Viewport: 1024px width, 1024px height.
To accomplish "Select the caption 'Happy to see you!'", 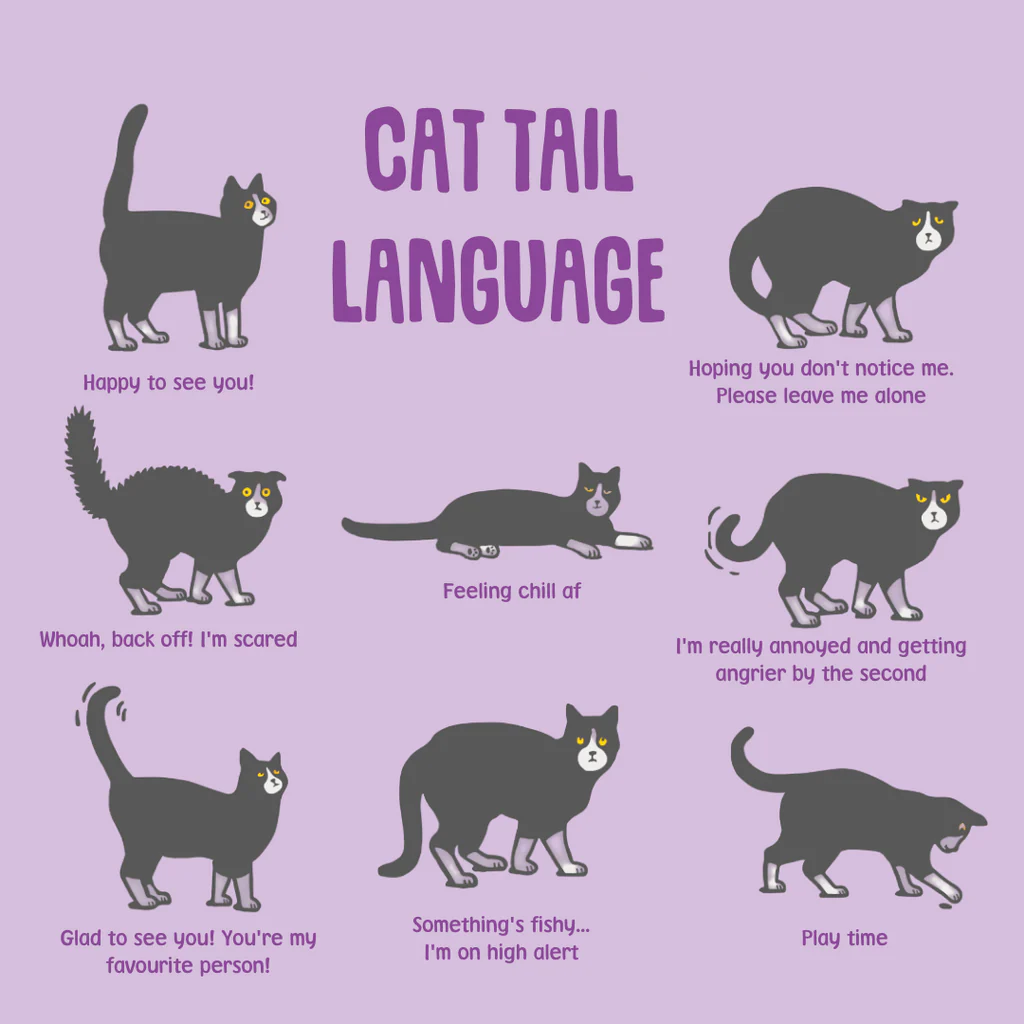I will point(168,382).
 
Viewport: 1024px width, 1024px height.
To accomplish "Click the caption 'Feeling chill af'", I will point(511,591).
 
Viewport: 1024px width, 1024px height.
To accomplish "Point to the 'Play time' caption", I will point(844,938).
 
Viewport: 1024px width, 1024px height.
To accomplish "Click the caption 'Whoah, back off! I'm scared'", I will point(168,639).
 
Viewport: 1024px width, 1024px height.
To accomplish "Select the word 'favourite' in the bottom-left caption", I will point(152,967).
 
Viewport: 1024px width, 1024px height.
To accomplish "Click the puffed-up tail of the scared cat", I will point(86,460).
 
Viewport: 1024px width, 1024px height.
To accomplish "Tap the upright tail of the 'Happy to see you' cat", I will point(124,160).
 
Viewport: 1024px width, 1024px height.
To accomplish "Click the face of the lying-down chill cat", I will point(598,499).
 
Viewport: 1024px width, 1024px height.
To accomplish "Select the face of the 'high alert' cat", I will point(592,752).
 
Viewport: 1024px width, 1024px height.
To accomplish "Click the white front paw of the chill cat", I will point(634,541).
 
